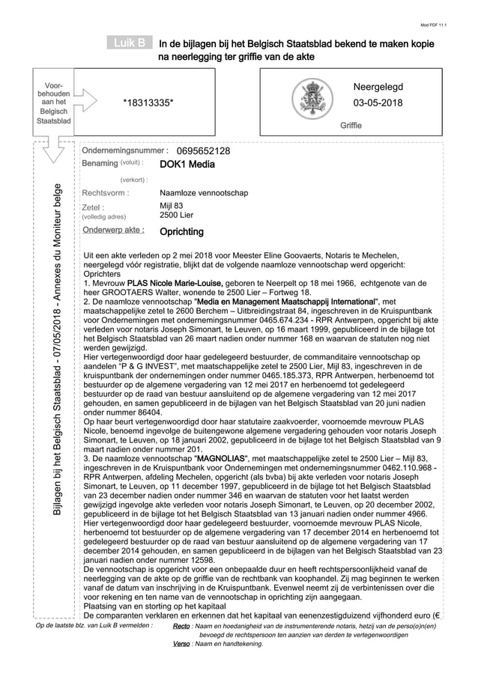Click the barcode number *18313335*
148,103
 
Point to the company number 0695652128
203,151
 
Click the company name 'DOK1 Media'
187,164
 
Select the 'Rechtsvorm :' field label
105,192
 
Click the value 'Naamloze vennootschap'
204,192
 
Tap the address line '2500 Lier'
177,215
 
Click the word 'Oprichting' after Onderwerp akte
182,231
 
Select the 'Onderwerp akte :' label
113,230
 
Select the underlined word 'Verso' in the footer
181,644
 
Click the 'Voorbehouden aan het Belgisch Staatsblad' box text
53,103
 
